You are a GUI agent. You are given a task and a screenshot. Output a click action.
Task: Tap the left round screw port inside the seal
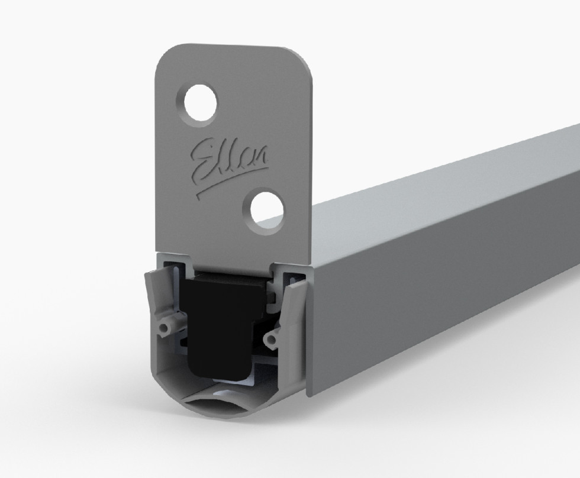click(x=167, y=325)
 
